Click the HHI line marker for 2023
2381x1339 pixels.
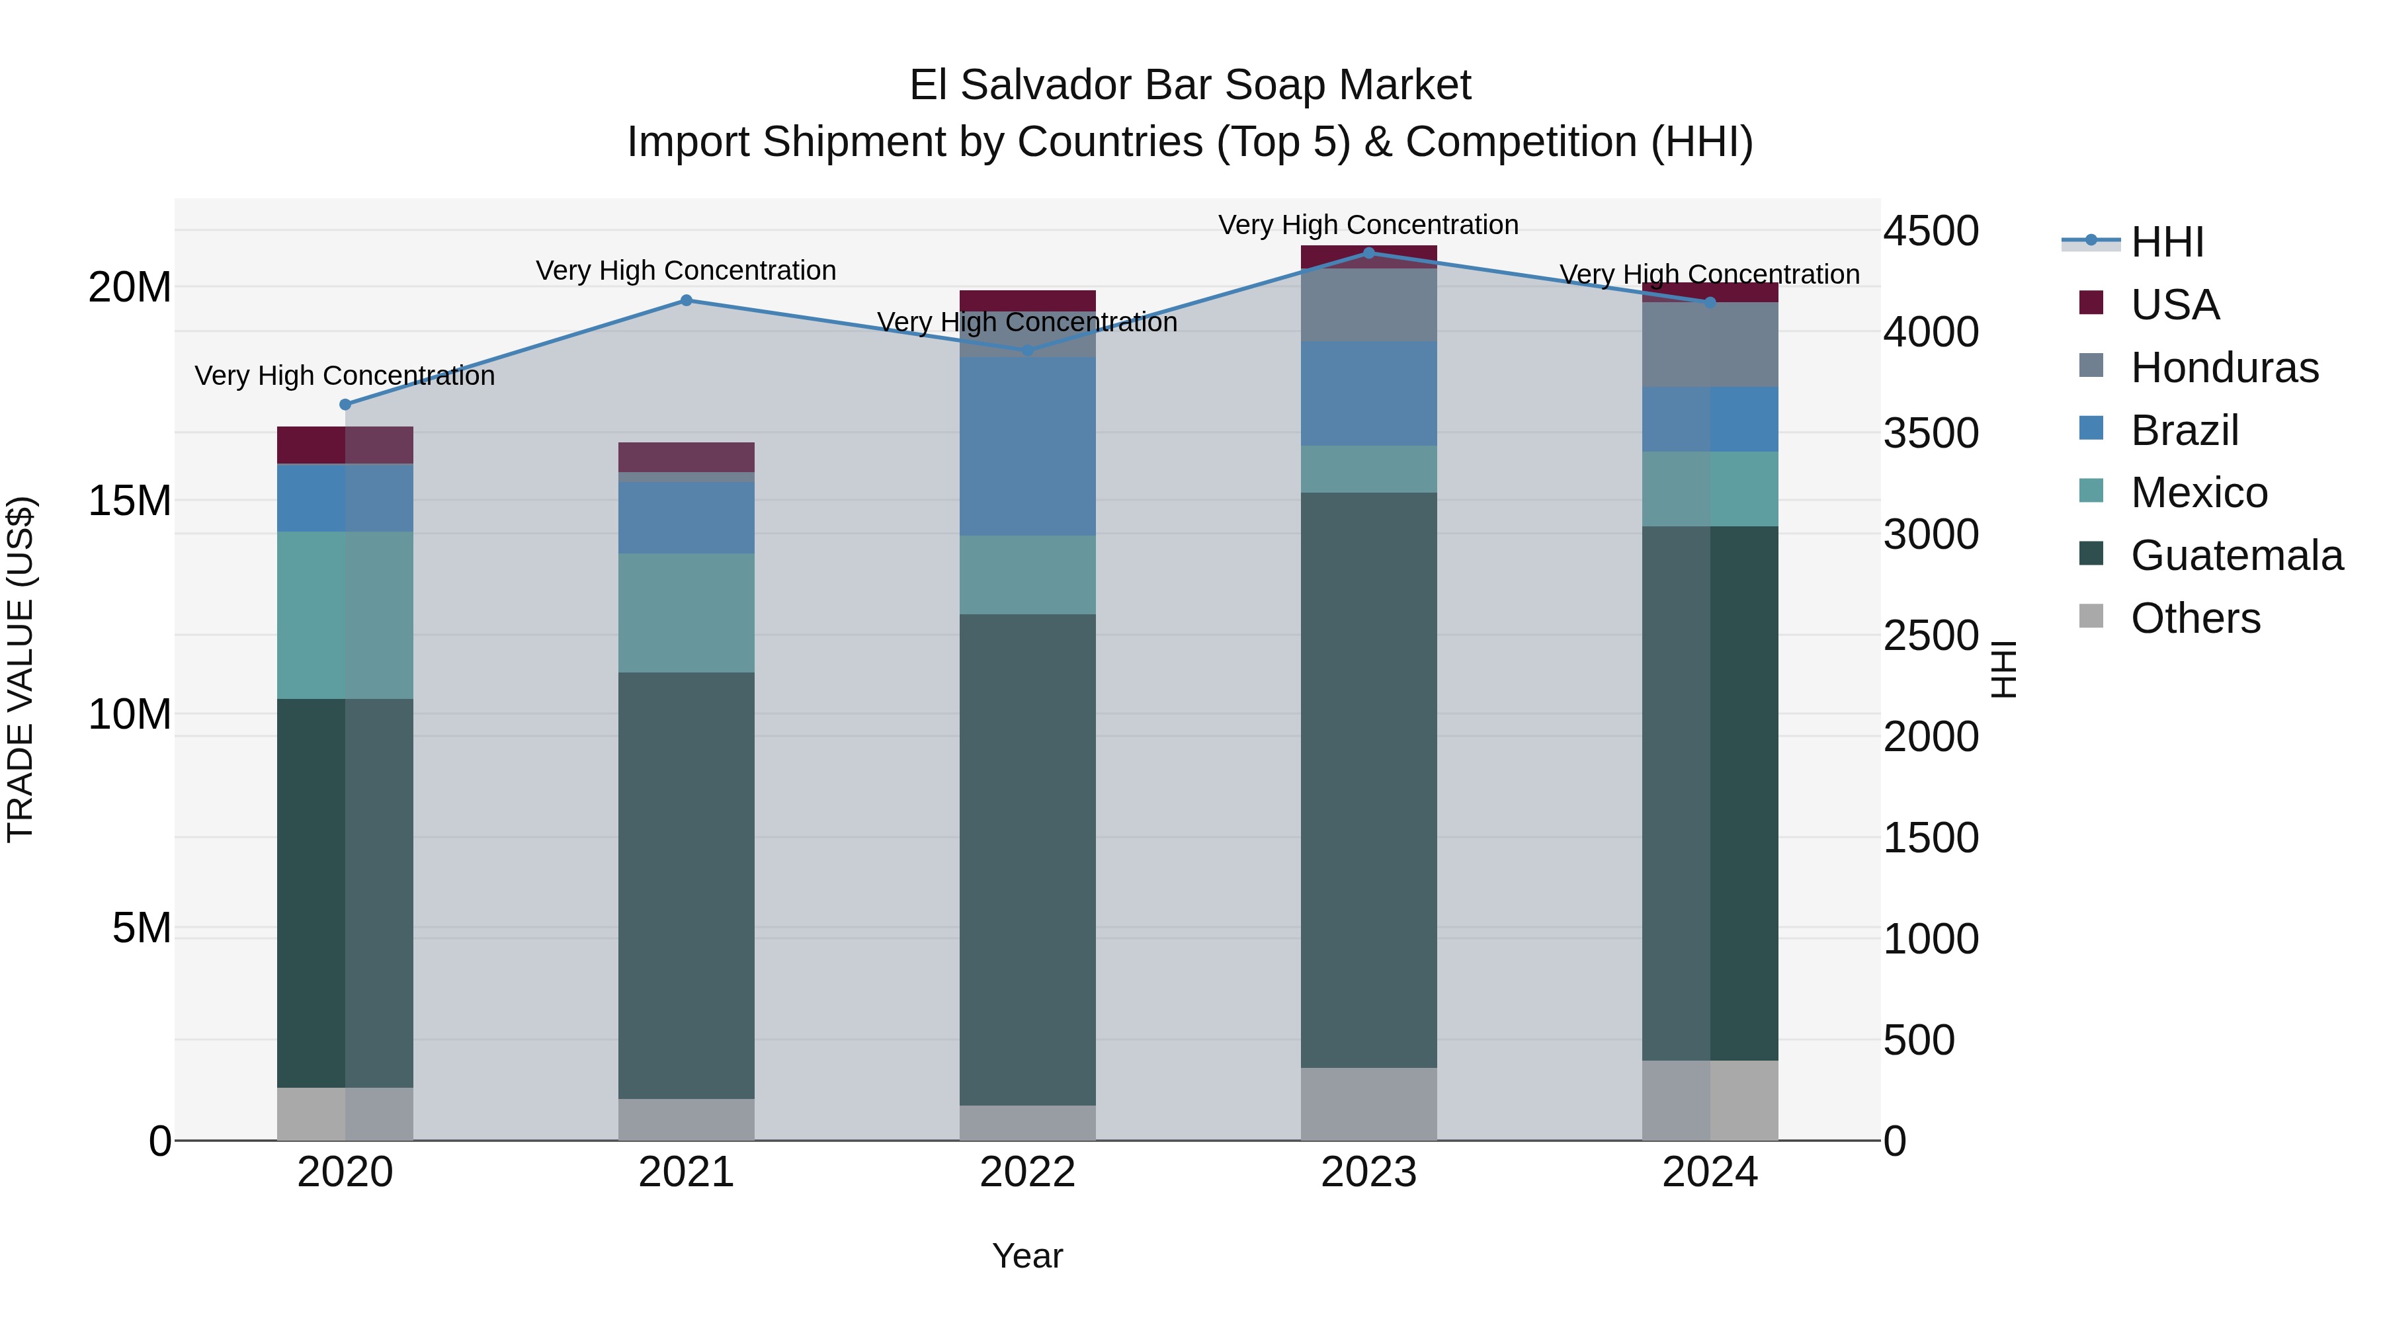pyautogui.click(x=1369, y=253)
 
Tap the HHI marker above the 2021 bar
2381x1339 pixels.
pyautogui.click(x=686, y=300)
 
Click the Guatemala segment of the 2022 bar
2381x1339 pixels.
pyautogui.click(x=1027, y=860)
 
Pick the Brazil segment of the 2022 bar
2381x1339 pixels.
pyautogui.click(x=1027, y=446)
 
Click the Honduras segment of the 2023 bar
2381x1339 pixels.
pyautogui.click(x=1369, y=305)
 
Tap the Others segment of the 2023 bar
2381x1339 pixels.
pyautogui.click(x=1369, y=1104)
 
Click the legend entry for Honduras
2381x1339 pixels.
pyautogui.click(x=2224, y=368)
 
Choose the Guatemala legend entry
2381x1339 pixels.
pyautogui.click(x=2236, y=555)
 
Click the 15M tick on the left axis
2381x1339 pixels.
pyautogui.click(x=130, y=501)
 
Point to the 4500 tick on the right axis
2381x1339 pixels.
pyautogui.click(x=1931, y=231)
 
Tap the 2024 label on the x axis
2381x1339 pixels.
pyautogui.click(x=1709, y=1172)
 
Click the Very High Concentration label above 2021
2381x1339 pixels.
pyautogui.click(x=686, y=270)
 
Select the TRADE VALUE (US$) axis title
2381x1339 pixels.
pyautogui.click(x=21, y=669)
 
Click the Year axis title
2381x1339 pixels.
pyautogui.click(x=1027, y=1256)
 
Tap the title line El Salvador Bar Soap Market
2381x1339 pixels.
pyautogui.click(x=1190, y=85)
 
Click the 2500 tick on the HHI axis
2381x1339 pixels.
pyautogui.click(x=1931, y=635)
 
